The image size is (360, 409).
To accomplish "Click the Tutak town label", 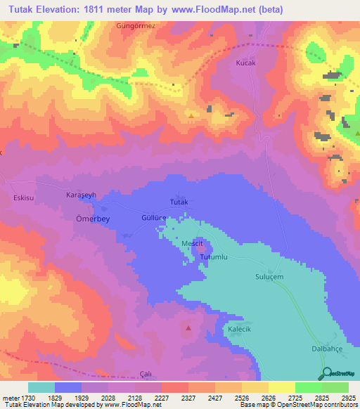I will click(x=180, y=202).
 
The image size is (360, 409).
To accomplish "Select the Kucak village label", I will click(x=245, y=63).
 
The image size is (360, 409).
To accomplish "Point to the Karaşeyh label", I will click(x=81, y=194).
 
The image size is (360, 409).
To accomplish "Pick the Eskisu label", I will click(x=24, y=198).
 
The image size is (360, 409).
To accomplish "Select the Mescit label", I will click(x=193, y=243).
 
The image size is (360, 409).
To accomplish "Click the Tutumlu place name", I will click(x=215, y=258).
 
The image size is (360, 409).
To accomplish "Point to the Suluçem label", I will click(x=269, y=277).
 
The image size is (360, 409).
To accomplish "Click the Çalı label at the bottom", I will click(x=146, y=373).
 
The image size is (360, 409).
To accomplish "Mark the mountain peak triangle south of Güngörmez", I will click(x=191, y=113).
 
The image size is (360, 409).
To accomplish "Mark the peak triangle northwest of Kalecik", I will click(x=188, y=327).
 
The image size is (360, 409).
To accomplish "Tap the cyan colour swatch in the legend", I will click(x=41, y=387).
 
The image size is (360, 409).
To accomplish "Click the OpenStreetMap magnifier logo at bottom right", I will click(x=326, y=373).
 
